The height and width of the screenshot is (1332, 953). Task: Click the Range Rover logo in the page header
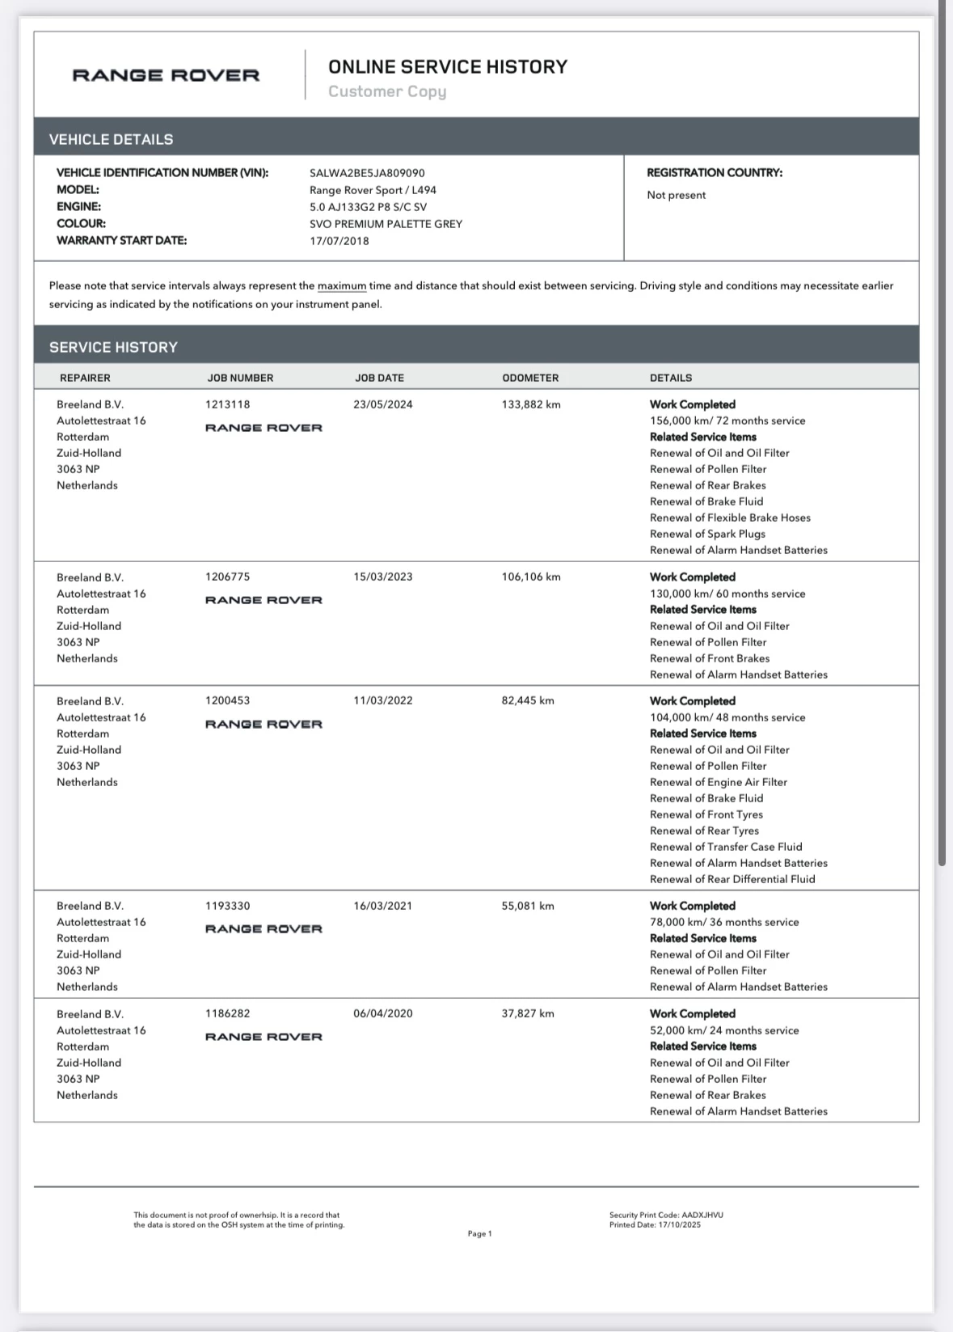pos(166,75)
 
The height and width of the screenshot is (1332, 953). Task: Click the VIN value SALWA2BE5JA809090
pos(367,173)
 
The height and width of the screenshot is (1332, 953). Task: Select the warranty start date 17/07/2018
pos(339,241)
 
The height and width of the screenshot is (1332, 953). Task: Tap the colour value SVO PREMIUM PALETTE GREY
pos(386,224)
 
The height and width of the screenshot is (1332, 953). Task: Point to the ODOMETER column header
pos(529,378)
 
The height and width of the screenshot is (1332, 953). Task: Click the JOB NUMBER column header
pos(240,378)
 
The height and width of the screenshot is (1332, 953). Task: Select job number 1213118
pos(227,404)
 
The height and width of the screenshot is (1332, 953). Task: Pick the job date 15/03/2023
pos(382,577)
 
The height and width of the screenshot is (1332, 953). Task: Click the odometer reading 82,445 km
pos(527,700)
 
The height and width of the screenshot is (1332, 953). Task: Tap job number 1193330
pos(227,906)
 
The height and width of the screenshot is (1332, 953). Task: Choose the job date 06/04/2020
pos(382,1013)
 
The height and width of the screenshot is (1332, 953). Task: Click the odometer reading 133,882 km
pos(530,404)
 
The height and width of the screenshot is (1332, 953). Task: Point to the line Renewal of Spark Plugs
pos(707,534)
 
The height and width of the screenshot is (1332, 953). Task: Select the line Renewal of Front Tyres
pos(706,814)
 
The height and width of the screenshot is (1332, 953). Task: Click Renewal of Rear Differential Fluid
pos(732,879)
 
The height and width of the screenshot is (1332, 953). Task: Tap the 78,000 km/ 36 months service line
pos(723,922)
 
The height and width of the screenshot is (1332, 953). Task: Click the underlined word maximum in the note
pos(341,285)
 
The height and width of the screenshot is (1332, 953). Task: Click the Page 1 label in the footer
pos(479,1233)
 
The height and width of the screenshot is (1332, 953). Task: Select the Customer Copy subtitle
pos(386,91)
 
